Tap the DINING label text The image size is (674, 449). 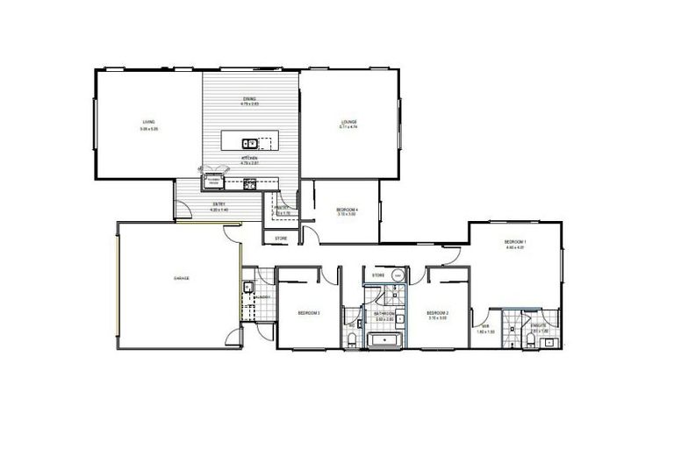click(250, 99)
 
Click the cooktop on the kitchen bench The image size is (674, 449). click(249, 182)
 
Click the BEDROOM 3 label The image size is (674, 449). click(307, 312)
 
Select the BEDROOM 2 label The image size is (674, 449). click(438, 312)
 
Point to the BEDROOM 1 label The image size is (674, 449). click(514, 242)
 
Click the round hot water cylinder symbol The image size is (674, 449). click(399, 276)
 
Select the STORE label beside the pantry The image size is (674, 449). click(281, 238)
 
